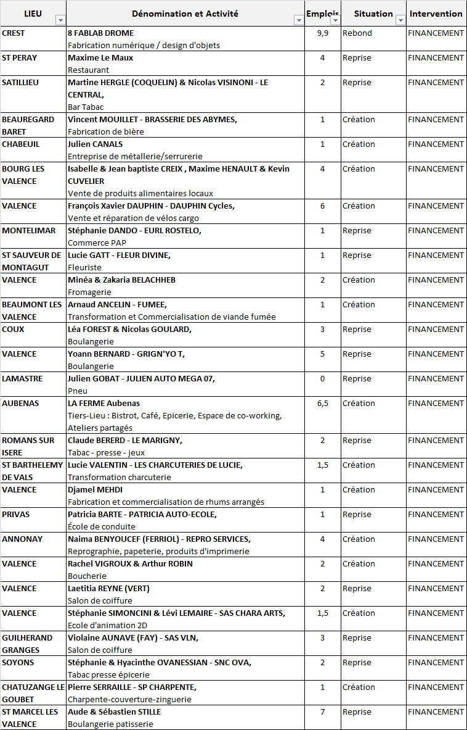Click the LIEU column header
(33, 14)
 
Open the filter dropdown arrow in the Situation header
(400, 20)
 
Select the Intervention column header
(436, 14)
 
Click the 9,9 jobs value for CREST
(322, 33)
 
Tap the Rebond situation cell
(357, 33)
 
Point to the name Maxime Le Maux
(100, 58)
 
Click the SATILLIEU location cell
(22, 83)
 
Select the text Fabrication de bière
(105, 131)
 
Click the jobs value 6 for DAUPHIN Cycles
(322, 206)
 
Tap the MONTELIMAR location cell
(28, 231)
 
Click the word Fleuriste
(84, 267)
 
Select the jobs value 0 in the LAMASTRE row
(322, 379)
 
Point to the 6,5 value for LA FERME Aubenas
(322, 404)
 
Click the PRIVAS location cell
(16, 515)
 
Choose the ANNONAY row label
(22, 539)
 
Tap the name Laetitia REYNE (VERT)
(108, 589)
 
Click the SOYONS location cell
(18, 663)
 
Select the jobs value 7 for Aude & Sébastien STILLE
(322, 712)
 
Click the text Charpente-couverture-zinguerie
(129, 699)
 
